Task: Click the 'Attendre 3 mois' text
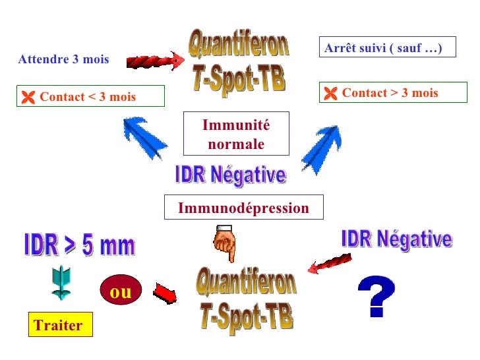[x=64, y=60]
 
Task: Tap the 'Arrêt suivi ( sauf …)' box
[x=387, y=47]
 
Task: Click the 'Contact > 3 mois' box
[x=393, y=93]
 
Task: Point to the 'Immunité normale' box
[x=235, y=135]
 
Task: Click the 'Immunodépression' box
[x=243, y=208]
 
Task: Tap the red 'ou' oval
[x=121, y=291]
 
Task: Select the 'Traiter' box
[x=60, y=325]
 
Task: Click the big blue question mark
[x=376, y=296]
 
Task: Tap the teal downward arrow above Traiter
[x=61, y=284]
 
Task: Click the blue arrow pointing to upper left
[x=145, y=136]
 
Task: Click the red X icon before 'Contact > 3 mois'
[x=330, y=94]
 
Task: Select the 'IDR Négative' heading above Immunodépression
[x=230, y=176]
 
